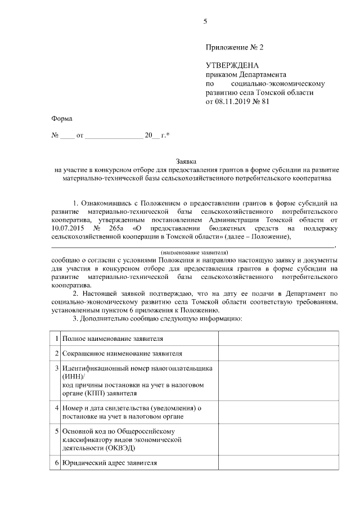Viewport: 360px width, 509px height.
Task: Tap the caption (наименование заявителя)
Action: click(x=193, y=254)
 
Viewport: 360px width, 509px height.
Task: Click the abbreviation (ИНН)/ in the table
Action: click(x=73, y=376)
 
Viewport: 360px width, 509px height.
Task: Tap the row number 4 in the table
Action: click(x=56, y=407)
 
